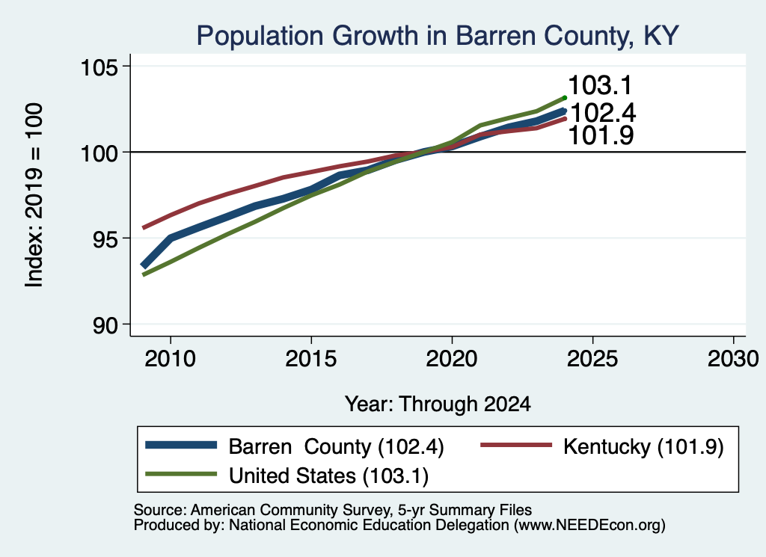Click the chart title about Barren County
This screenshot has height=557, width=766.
[x=438, y=36]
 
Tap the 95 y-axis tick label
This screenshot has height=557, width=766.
[x=106, y=239]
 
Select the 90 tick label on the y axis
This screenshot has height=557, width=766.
[x=106, y=325]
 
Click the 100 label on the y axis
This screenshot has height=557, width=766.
[x=99, y=153]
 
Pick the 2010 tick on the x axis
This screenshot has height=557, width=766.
[x=170, y=359]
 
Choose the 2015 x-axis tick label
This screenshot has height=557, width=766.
[x=311, y=359]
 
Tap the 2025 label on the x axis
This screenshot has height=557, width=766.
[x=592, y=359]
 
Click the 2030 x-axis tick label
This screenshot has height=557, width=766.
[x=733, y=359]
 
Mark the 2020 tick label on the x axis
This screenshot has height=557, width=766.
[x=452, y=359]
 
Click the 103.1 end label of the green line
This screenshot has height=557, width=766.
[x=600, y=85]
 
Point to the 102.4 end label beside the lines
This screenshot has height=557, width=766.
[x=603, y=113]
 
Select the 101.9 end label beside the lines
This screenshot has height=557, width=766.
[x=601, y=135]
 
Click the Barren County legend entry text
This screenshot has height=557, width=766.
[x=336, y=446]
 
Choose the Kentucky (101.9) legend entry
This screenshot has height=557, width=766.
[x=643, y=446]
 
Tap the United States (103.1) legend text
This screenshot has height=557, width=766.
[x=329, y=476]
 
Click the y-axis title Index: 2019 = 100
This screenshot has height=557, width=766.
[x=34, y=195]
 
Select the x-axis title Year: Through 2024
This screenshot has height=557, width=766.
[x=438, y=404]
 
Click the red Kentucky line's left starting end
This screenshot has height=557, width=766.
[x=143, y=228]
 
